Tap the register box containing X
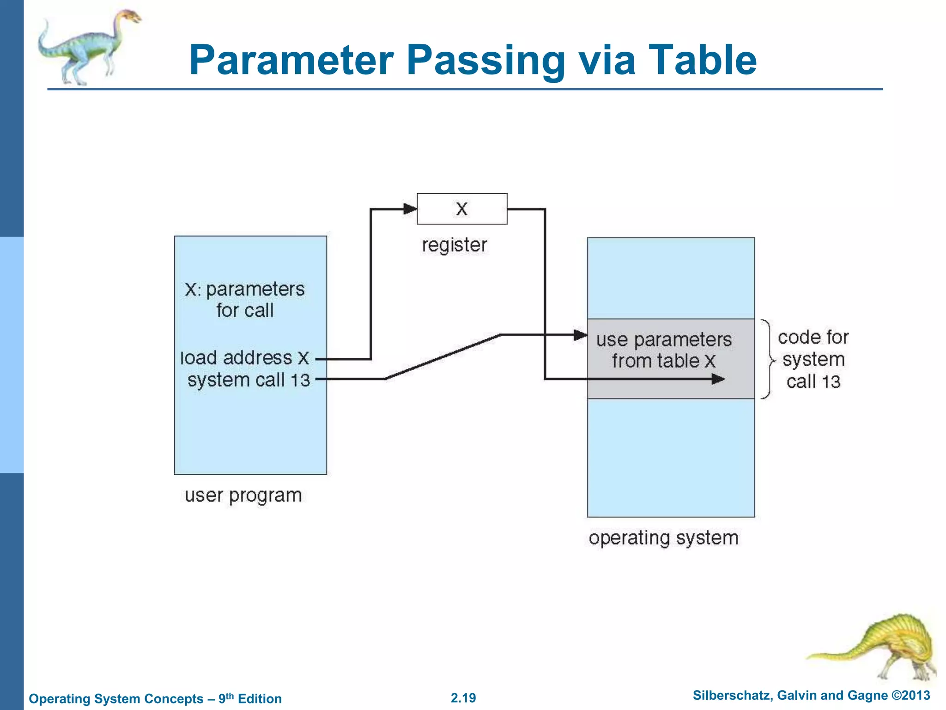(462, 209)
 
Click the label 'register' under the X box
(455, 245)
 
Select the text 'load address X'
(245, 358)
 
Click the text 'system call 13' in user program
(249, 380)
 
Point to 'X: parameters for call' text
(245, 300)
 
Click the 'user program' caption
(243, 496)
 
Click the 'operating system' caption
(663, 538)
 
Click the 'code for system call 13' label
(813, 360)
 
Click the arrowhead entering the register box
(410, 209)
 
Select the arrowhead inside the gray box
(718, 379)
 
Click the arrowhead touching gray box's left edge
(580, 335)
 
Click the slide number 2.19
(463, 698)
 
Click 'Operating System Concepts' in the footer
(116, 698)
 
